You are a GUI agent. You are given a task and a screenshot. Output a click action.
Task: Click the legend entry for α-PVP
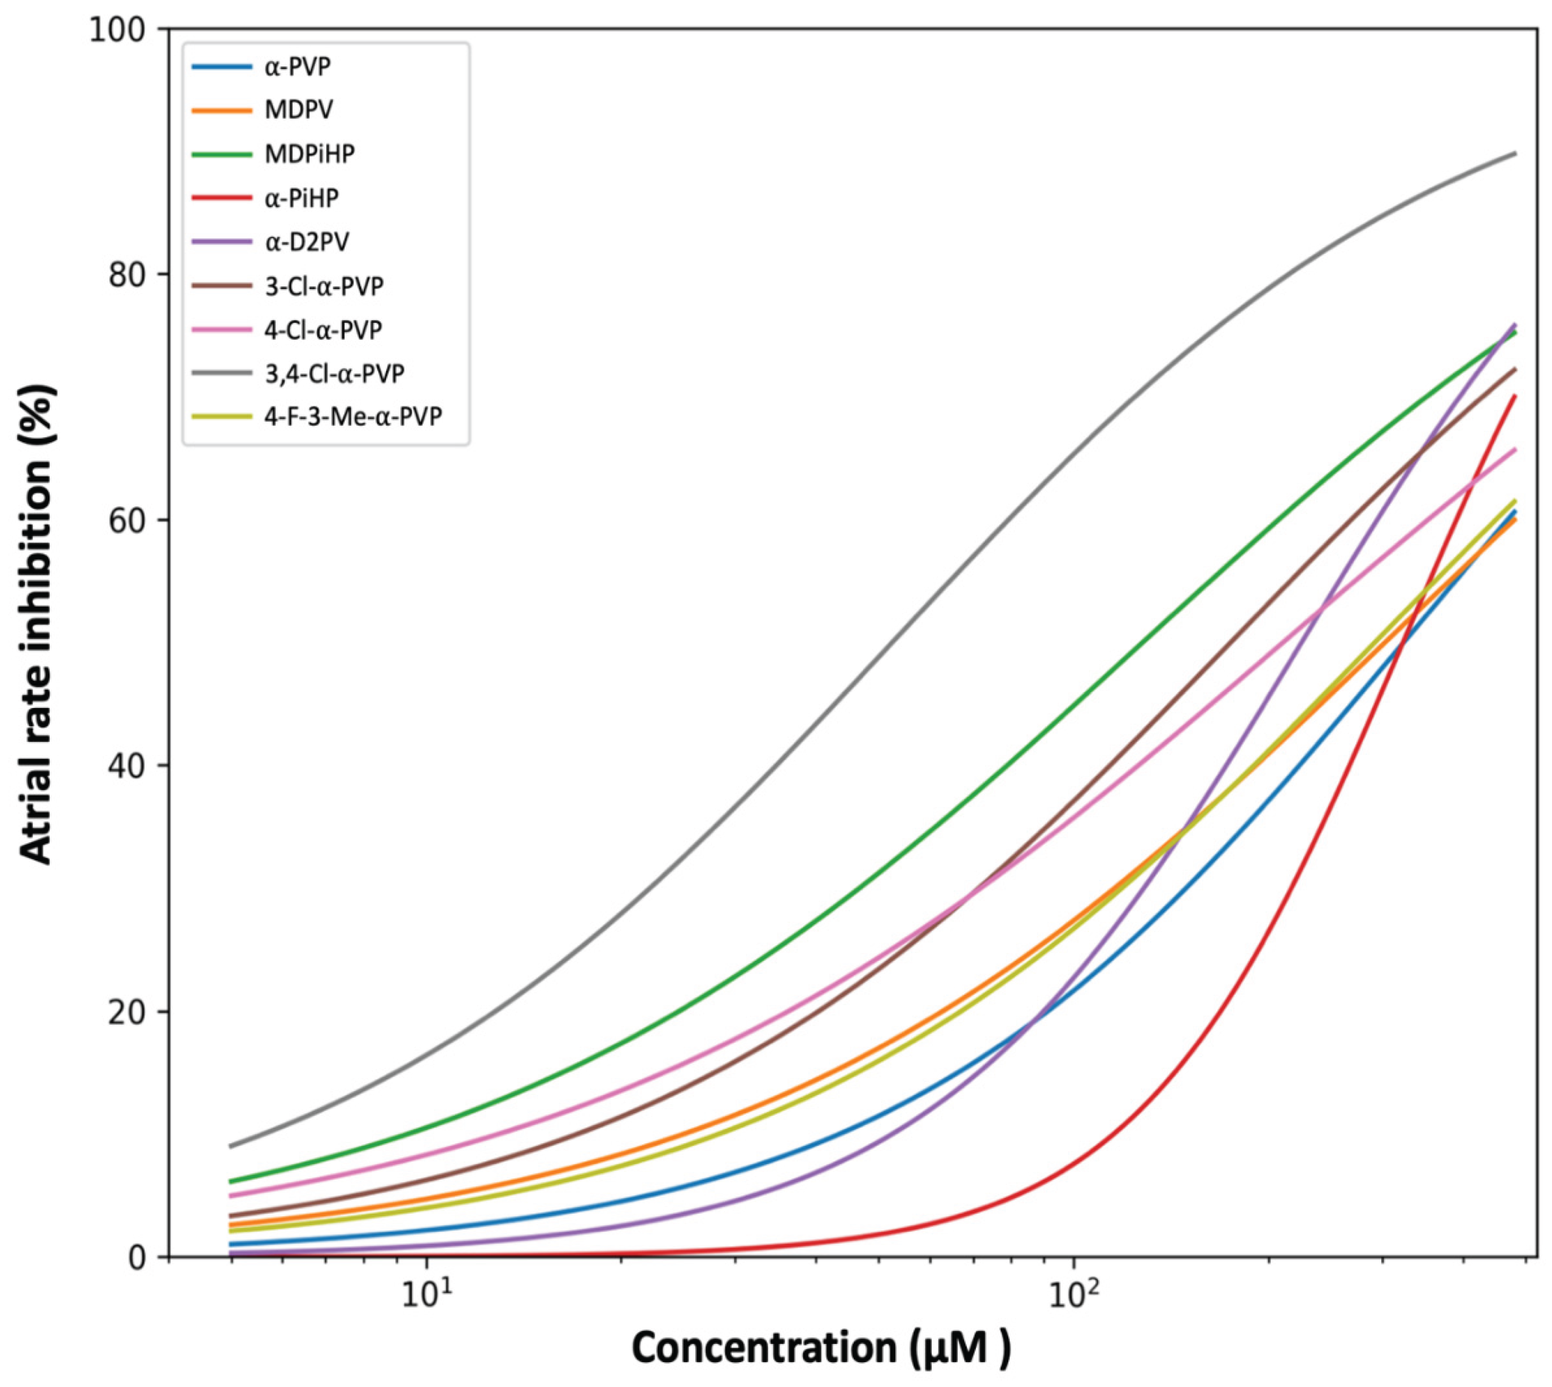coord(297,67)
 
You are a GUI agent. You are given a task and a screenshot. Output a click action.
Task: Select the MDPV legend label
coord(298,110)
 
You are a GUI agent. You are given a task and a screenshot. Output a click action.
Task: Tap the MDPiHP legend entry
coord(309,154)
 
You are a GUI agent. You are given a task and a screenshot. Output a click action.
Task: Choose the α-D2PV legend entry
coord(306,242)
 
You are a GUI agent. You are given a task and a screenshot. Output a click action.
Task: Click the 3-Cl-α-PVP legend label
coord(324,286)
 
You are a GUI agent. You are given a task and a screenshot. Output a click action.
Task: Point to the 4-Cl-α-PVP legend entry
coord(323,330)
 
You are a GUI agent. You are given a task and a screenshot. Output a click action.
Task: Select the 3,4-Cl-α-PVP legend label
coord(334,373)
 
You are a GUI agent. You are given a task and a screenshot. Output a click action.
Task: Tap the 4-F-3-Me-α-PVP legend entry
coord(353,417)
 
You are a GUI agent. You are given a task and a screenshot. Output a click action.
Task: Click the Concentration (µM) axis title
coord(821,1347)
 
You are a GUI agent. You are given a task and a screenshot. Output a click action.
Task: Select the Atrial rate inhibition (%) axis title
coord(36,625)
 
